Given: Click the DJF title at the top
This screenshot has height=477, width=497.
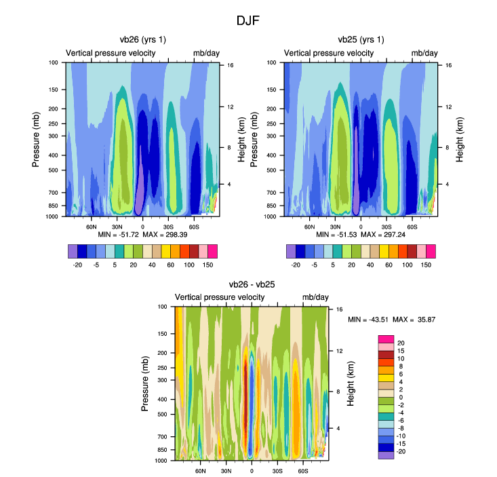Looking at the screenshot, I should click(x=247, y=20).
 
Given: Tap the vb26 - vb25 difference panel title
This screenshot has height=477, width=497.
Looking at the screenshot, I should click(x=251, y=284).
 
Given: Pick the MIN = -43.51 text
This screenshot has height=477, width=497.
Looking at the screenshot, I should click(x=370, y=319).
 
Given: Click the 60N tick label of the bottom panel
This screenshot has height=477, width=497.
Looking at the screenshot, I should click(x=201, y=470).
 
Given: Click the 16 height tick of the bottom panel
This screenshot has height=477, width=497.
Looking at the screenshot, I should click(x=339, y=309).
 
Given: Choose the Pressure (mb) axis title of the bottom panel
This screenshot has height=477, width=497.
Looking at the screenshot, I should click(x=145, y=384).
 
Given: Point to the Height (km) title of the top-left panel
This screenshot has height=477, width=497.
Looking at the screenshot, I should click(x=241, y=138).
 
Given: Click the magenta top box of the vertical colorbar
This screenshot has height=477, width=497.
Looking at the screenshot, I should click(x=386, y=339).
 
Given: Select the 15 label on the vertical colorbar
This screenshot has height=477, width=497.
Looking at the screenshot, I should click(x=400, y=350).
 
